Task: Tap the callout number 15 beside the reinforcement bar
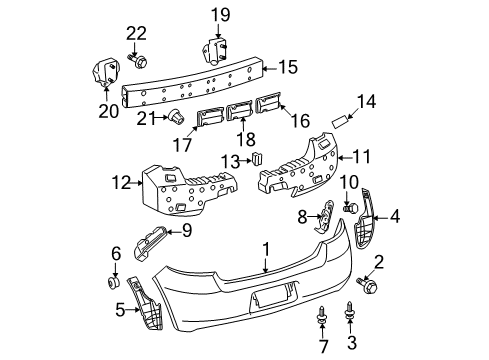coord(287,68)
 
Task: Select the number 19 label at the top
coord(218,13)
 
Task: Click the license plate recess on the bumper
coord(272,297)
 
